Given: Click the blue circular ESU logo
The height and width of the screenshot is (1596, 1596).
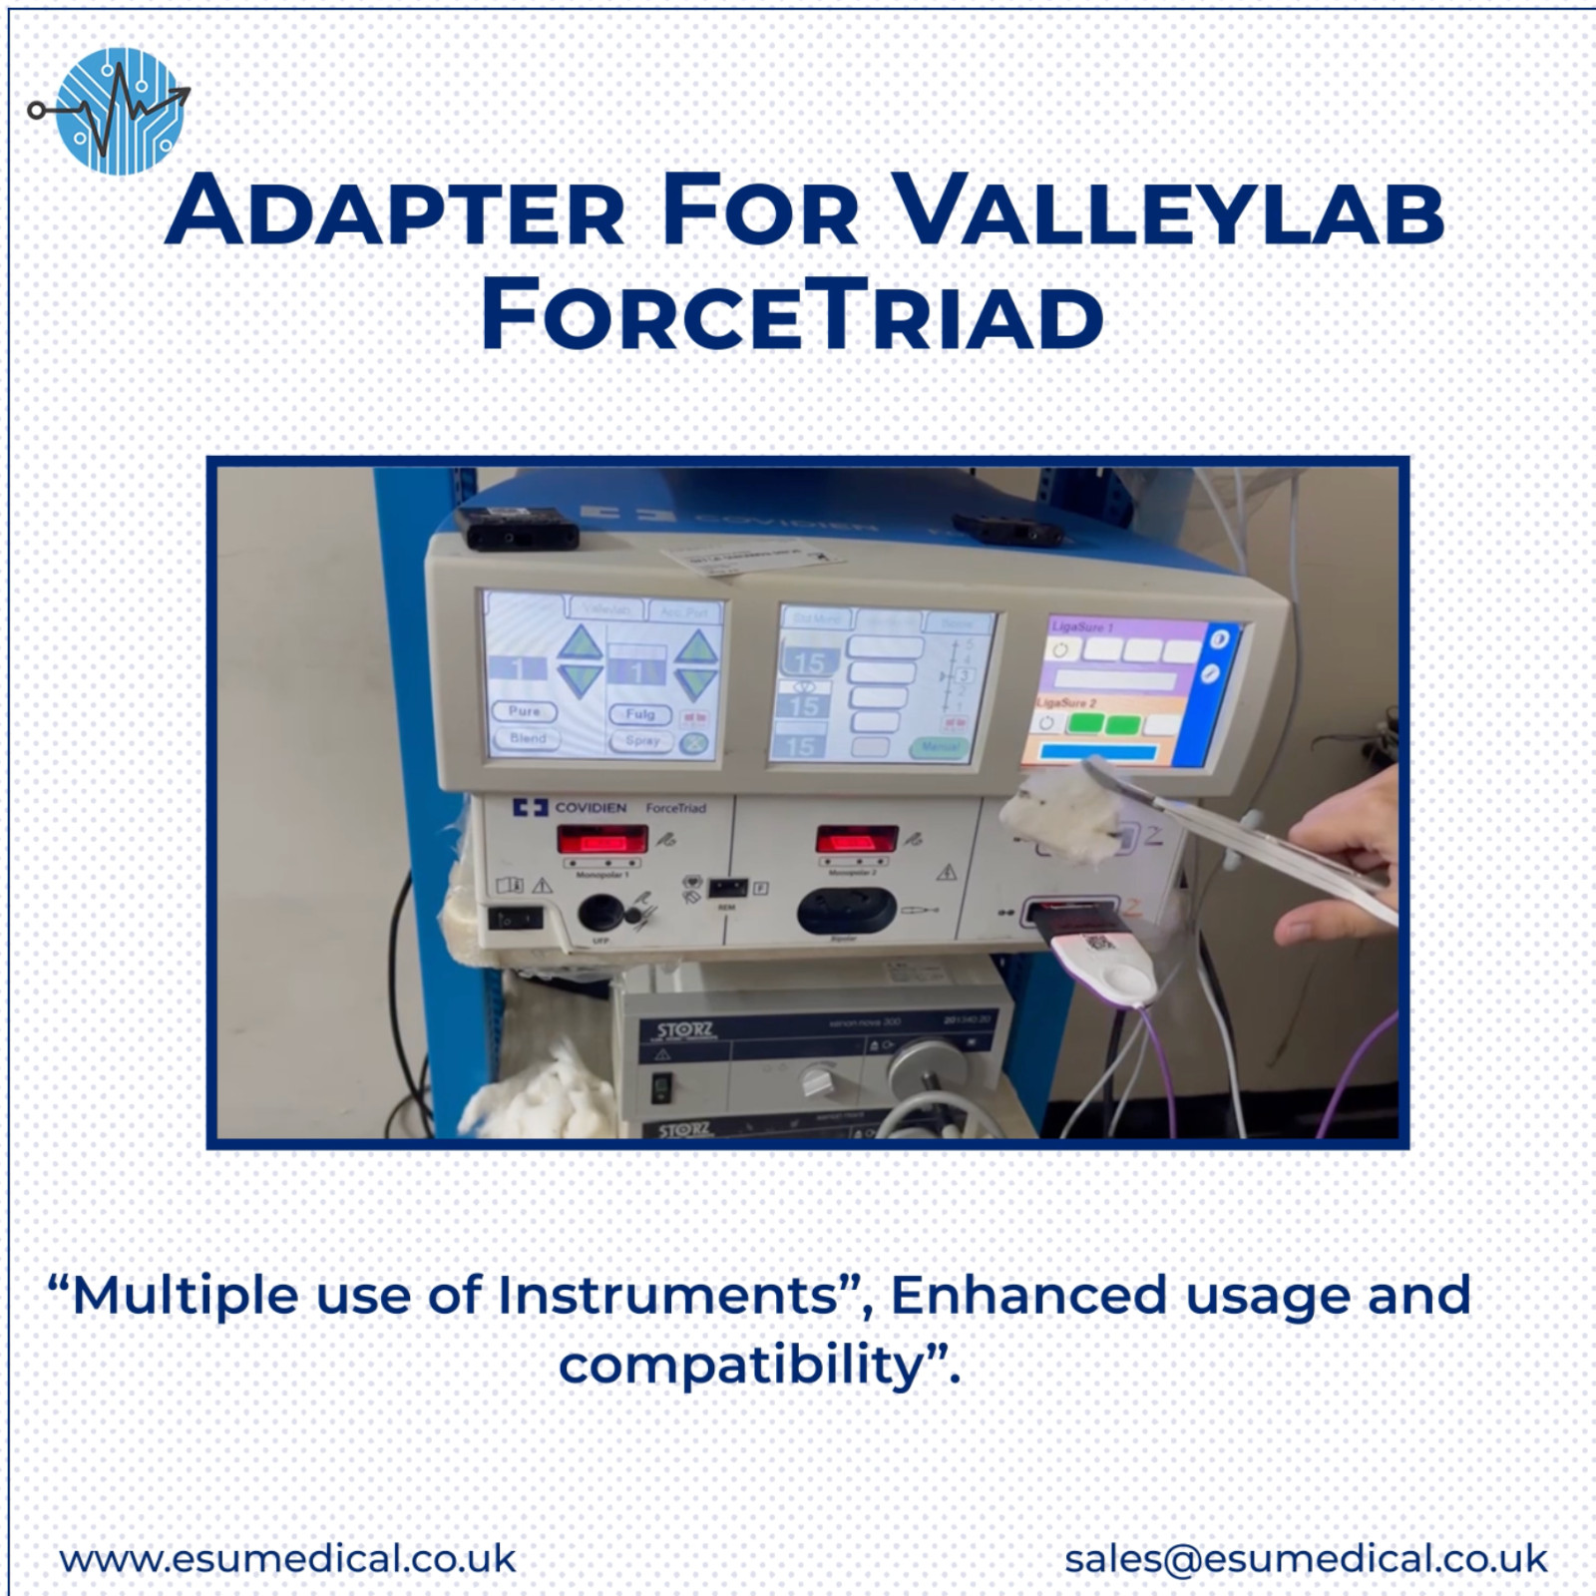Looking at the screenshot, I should (120, 112).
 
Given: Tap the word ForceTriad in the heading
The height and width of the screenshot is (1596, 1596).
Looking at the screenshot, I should (793, 316).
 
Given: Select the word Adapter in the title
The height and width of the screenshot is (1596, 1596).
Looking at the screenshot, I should (395, 211).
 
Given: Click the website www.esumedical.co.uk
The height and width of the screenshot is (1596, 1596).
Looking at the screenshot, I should (288, 1558).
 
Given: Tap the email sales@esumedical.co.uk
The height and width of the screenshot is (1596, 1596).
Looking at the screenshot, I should (1306, 1558).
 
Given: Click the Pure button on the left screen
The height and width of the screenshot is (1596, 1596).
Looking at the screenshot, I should (524, 711).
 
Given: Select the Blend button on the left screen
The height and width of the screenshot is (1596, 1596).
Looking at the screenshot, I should (528, 738).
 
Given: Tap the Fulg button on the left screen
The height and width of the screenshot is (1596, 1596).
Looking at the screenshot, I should (639, 714).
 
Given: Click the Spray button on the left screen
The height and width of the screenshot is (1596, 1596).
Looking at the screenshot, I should (641, 741).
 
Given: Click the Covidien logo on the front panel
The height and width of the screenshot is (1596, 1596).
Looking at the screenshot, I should (570, 807).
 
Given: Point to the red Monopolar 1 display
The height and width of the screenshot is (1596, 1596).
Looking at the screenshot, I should (601, 841).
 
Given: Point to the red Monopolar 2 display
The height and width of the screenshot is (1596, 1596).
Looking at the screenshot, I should (856, 839).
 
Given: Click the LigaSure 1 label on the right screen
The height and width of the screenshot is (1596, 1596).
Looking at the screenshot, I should (1081, 627).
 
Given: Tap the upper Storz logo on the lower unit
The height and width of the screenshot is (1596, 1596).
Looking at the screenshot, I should (684, 1029).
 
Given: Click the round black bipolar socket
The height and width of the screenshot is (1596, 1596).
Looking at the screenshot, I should (840, 909).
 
